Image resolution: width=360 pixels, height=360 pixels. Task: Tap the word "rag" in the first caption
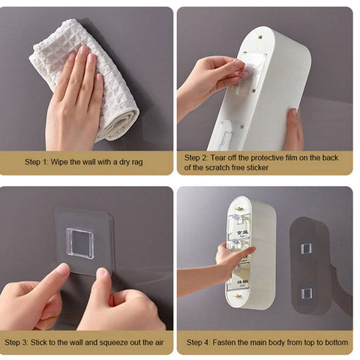pyautogui.click(x=136, y=163)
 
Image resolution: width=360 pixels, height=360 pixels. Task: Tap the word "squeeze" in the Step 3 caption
pyautogui.click(x=113, y=343)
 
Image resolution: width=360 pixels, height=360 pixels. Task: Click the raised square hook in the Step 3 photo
pyautogui.click(x=80, y=244)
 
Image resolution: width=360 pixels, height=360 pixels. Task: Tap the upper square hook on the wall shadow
pyautogui.click(x=306, y=249)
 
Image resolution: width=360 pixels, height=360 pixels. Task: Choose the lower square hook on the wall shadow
pyautogui.click(x=307, y=292)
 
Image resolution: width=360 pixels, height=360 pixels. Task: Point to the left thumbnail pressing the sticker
pyautogui.click(x=62, y=269)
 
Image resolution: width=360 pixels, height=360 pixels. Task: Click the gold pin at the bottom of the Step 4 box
pyautogui.click(x=237, y=296)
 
